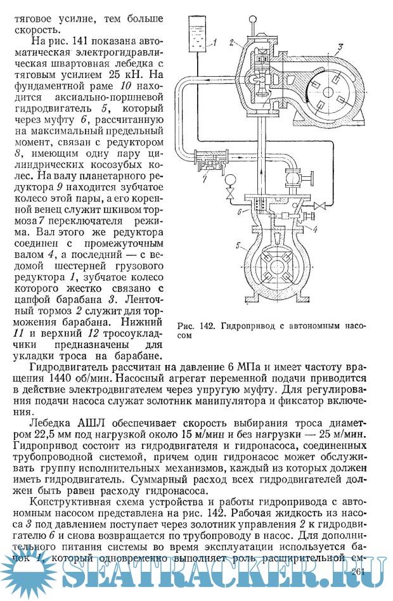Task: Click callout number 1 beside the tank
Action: tap(215, 42)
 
